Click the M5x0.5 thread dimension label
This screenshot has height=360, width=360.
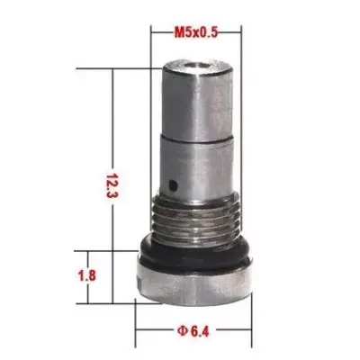click(x=196, y=32)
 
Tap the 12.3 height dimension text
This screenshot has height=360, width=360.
click(x=112, y=185)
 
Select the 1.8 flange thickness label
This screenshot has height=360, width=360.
click(x=87, y=275)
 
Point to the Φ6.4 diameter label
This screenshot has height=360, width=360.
click(x=193, y=331)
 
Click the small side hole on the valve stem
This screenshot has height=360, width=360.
click(x=173, y=185)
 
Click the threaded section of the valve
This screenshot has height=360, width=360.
click(x=196, y=219)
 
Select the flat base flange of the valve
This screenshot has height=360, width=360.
click(x=194, y=286)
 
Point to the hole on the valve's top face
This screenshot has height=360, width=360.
click(x=196, y=65)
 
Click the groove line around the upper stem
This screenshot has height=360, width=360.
click(x=197, y=139)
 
